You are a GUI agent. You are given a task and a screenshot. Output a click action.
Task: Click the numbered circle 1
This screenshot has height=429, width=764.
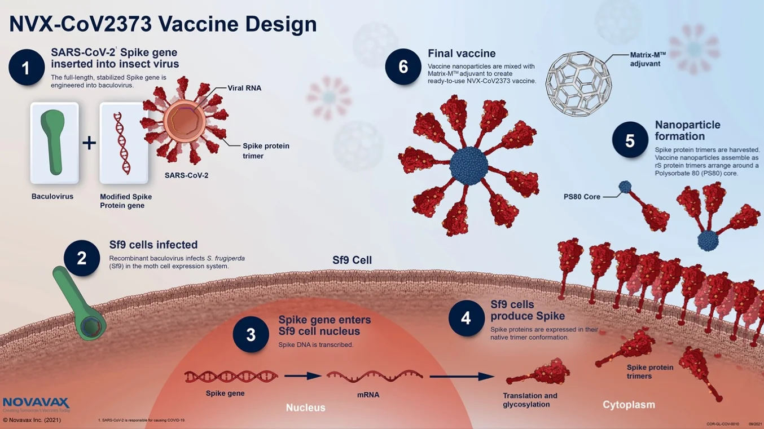(27, 68)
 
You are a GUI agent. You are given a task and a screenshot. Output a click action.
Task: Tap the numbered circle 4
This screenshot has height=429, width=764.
(466, 319)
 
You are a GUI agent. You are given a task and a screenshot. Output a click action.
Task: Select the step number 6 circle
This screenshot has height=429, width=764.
(403, 67)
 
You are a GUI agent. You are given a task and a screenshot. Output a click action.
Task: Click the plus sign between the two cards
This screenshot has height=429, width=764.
(89, 143)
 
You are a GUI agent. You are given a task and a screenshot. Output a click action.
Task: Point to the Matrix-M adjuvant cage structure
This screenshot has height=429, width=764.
(578, 83)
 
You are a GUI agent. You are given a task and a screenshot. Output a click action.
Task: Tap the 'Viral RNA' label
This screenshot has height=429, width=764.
(244, 89)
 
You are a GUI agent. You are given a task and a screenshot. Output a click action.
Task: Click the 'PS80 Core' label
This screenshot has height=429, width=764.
(582, 197)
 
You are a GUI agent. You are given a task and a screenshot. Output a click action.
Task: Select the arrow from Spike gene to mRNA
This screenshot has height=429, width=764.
(302, 376)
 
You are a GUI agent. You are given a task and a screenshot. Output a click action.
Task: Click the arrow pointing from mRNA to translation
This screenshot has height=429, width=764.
(462, 376)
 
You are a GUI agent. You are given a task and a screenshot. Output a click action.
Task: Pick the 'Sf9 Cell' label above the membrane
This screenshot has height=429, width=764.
(352, 260)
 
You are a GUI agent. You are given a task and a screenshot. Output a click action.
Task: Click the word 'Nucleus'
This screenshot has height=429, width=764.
(305, 408)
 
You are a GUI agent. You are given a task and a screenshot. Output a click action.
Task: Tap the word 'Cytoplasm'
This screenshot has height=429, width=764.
(629, 405)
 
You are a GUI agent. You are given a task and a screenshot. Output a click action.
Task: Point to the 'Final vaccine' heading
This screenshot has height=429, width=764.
(462, 54)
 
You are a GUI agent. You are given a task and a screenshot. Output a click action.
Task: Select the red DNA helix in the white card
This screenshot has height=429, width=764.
(122, 143)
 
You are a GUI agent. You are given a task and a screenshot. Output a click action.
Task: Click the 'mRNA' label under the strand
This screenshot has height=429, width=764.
(368, 395)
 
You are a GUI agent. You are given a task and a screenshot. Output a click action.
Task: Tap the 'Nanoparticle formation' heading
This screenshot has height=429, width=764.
(687, 131)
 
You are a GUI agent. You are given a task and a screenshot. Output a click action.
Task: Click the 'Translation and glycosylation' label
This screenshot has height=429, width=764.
(530, 400)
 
